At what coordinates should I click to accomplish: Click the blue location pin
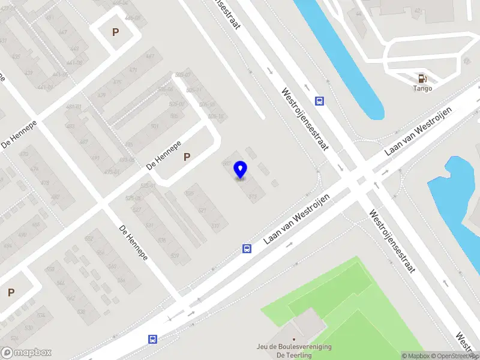[x=240, y=169]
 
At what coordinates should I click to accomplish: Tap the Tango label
[x=422, y=88]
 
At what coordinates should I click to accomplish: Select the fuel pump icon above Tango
[x=422, y=77]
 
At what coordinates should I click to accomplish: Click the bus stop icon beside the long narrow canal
[x=320, y=101]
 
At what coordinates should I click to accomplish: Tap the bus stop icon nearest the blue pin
[x=247, y=248]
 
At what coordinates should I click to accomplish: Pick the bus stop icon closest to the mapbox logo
[x=153, y=339]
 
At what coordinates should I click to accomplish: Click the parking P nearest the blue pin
[x=187, y=157]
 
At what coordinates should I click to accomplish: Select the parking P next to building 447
[x=115, y=32]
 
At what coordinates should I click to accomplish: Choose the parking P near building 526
[x=11, y=293]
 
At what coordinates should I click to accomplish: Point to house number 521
[x=202, y=210]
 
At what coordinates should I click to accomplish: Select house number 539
[x=175, y=256]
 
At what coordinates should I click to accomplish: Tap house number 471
[x=133, y=71]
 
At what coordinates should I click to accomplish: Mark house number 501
[x=154, y=126]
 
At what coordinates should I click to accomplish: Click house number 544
[x=121, y=280]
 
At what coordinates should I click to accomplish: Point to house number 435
[x=16, y=56]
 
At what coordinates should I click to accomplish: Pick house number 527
[x=136, y=210]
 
